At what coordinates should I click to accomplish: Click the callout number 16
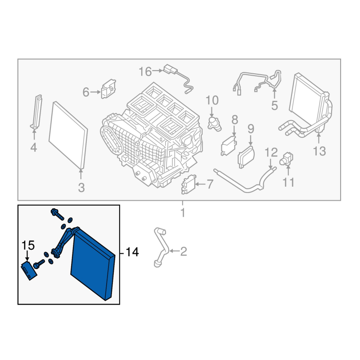coord(145,72)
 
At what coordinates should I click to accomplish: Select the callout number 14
coord(132,252)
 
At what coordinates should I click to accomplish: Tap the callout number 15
coord(28,245)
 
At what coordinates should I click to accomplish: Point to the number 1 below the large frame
coord(183,212)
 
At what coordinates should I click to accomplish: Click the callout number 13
coord(319,151)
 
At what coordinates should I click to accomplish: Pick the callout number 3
coord(81,188)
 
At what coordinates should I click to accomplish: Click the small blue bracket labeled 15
coord(29,271)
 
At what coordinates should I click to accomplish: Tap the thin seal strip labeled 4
coord(37,111)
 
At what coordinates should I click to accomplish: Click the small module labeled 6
coord(108,89)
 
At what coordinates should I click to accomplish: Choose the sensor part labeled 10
coord(214,123)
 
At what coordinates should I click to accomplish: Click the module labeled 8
coord(229,146)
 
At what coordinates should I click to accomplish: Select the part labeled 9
coord(246,157)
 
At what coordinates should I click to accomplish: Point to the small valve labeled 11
coord(286,158)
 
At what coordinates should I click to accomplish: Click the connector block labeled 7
coord(189,184)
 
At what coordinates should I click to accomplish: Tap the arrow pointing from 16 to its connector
coord(158,71)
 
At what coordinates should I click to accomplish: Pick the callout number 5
coord(274,106)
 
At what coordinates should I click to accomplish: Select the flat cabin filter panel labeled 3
coord(68,135)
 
